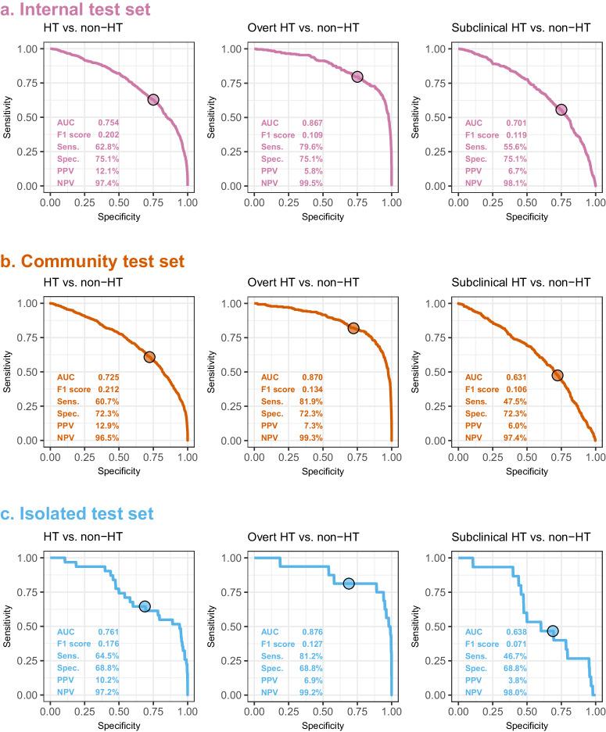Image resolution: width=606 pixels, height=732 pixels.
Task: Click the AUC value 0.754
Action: pyautogui.click(x=108, y=123)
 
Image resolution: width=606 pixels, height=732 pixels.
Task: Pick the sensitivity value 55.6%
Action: pyautogui.click(x=515, y=146)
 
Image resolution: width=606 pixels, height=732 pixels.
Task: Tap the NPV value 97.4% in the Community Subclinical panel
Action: pyautogui.click(x=515, y=437)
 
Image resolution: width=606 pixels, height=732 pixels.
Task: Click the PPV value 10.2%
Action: pyautogui.click(x=108, y=680)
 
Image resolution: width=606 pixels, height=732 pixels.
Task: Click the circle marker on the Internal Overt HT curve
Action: pyautogui.click(x=357, y=77)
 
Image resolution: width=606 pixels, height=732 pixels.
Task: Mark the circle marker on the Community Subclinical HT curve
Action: pyautogui.click(x=558, y=375)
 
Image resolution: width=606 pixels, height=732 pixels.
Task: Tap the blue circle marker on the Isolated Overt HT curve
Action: pyautogui.click(x=349, y=584)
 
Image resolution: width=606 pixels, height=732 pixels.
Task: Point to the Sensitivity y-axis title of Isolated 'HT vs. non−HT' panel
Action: pyautogui.click(x=8, y=626)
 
